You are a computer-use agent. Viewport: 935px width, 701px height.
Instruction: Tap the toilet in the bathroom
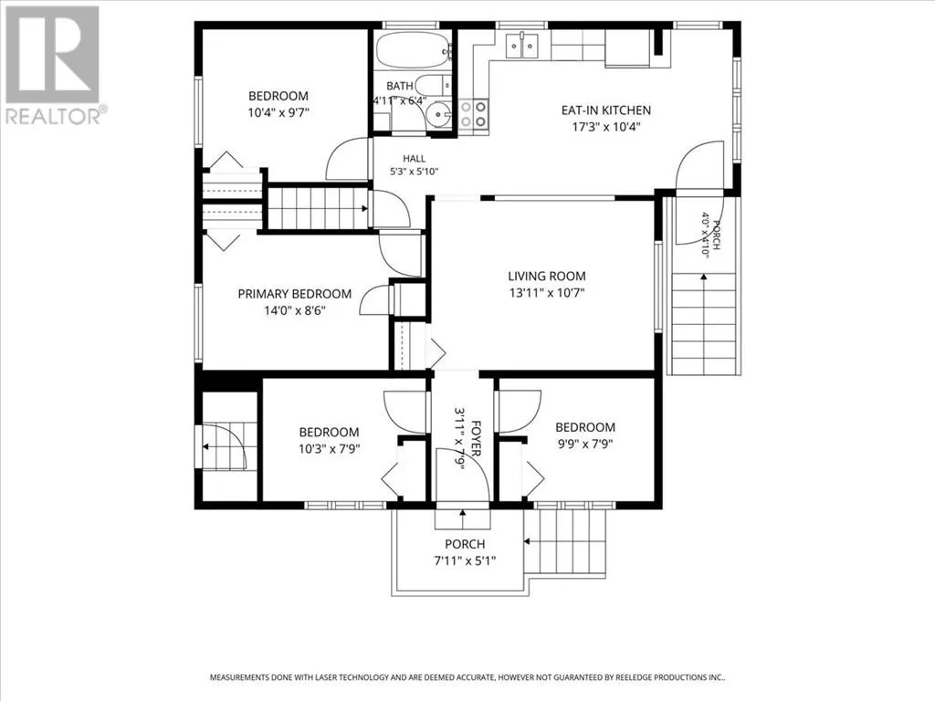click(x=435, y=85)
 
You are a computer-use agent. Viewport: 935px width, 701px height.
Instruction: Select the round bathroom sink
click(x=441, y=112)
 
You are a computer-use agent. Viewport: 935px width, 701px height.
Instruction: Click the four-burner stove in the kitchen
click(x=474, y=113)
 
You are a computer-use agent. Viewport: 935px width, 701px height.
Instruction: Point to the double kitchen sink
click(x=522, y=46)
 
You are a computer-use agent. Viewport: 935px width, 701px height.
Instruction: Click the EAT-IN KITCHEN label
click(x=606, y=110)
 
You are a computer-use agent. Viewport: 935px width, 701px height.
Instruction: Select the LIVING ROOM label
click(x=547, y=276)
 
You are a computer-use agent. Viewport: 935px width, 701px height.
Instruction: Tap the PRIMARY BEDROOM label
click(x=295, y=294)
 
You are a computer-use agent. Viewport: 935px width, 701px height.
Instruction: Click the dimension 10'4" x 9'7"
click(x=278, y=112)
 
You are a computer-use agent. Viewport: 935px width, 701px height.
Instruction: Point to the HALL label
click(x=415, y=159)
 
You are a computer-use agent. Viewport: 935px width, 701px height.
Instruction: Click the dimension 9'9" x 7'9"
click(x=585, y=445)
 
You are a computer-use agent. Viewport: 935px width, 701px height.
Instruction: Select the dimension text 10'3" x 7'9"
click(x=329, y=448)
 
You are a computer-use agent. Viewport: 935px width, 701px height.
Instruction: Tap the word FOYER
click(x=476, y=439)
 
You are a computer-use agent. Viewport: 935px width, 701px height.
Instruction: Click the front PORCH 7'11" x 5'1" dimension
click(x=465, y=561)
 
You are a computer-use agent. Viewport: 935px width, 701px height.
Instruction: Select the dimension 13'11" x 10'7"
click(x=547, y=293)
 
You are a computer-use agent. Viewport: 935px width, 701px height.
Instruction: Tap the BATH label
click(x=400, y=87)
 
